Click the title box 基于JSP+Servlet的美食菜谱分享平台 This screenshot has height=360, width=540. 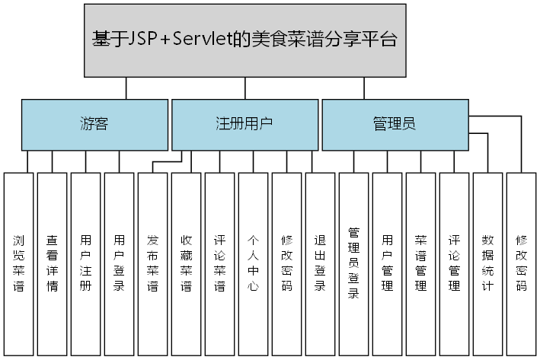244,40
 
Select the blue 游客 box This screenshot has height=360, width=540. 94,124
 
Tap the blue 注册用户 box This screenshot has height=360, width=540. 244,124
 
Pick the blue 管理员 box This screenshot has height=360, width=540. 395,124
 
